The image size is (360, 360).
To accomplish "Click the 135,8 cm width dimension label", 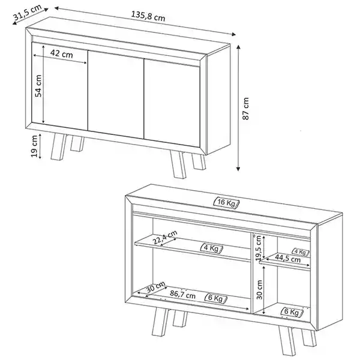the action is click(x=148, y=16).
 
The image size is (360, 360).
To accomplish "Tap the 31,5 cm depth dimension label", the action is click(x=27, y=12).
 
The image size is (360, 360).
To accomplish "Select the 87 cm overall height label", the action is click(x=245, y=109).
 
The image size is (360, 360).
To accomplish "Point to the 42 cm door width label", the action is click(x=62, y=53).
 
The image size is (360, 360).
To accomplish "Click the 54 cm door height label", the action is click(x=38, y=86).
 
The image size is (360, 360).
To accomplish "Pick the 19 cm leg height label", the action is click(x=34, y=146).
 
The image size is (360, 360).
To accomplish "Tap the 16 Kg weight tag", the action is click(x=226, y=203).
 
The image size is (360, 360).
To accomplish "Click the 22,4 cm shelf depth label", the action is click(x=165, y=237).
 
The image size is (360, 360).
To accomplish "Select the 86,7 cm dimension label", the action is click(x=182, y=294).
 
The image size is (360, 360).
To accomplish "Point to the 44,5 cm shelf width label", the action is click(x=287, y=259).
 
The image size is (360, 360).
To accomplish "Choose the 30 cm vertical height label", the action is click(x=259, y=290).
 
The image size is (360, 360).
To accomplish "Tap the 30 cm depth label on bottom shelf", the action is click(x=156, y=287).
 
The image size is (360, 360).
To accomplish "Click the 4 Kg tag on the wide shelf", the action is click(x=212, y=248).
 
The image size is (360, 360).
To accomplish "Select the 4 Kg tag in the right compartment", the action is click(x=301, y=252).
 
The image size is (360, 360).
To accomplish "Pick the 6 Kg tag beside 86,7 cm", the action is click(x=216, y=298).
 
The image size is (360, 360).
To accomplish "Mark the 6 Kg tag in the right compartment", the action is click(x=292, y=312).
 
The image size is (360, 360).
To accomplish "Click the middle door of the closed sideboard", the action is click(x=116, y=95).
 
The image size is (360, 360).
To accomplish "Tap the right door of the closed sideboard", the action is click(x=172, y=103).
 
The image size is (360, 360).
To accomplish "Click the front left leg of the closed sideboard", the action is click(x=58, y=147).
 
